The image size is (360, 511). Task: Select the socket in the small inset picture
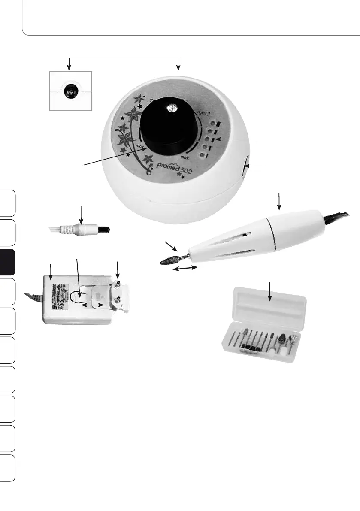click(x=68, y=91)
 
